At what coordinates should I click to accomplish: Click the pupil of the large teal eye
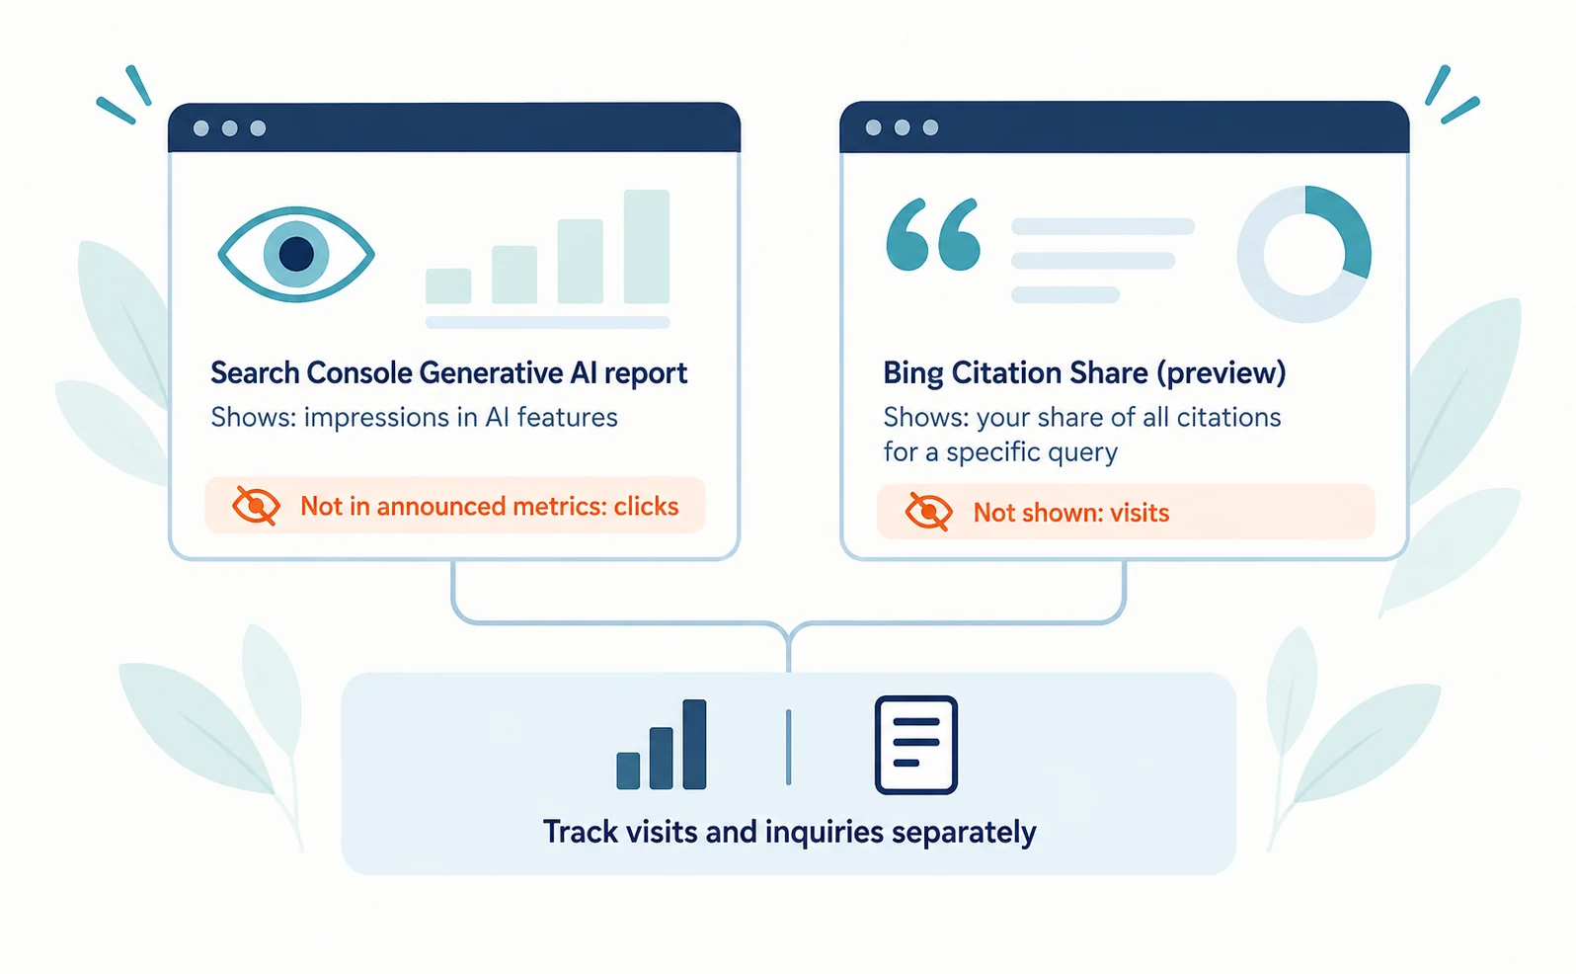tap(296, 254)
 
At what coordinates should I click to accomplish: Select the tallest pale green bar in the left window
tap(647, 246)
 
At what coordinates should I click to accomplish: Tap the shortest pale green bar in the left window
tap(448, 285)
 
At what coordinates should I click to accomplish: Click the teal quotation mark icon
tap(933, 234)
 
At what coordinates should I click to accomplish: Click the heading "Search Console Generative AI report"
tap(449, 373)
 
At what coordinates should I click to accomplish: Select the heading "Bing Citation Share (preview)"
tap(1084, 373)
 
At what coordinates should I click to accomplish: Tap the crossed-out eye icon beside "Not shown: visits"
tap(928, 512)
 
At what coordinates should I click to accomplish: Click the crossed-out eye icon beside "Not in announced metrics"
tap(256, 506)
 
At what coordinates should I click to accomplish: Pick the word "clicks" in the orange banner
tap(646, 506)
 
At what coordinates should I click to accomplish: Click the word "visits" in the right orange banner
tap(1140, 513)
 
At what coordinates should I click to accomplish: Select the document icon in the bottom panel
tap(916, 745)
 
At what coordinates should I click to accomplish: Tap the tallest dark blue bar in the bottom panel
tap(694, 745)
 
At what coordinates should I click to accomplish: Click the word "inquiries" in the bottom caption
tap(824, 833)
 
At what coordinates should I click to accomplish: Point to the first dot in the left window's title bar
tap(201, 128)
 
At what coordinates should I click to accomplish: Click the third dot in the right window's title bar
tap(931, 127)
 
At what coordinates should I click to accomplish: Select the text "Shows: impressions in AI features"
tap(414, 417)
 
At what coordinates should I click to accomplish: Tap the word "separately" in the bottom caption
tap(964, 833)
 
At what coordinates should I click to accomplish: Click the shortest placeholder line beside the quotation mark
tap(1065, 295)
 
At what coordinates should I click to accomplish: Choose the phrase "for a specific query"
tap(1000, 451)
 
